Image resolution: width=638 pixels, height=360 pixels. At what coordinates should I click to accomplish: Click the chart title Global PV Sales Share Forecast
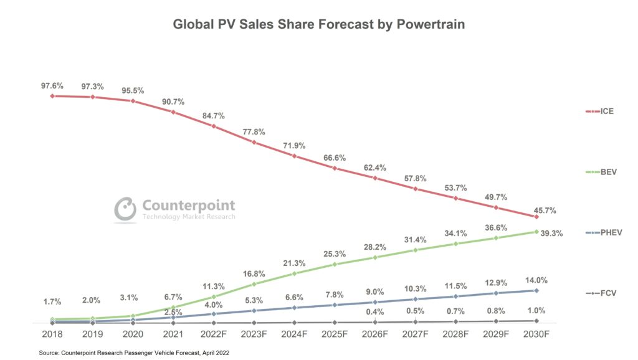coord(318,25)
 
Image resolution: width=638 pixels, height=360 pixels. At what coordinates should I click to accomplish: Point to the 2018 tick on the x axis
coord(52,334)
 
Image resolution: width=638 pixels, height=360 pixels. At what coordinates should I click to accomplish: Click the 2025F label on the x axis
coord(335,334)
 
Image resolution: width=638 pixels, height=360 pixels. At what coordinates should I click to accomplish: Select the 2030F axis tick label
coord(536,334)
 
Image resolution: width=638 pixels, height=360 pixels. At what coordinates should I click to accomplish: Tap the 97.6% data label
coord(52,86)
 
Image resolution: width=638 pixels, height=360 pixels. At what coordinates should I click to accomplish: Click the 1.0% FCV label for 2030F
coord(536,310)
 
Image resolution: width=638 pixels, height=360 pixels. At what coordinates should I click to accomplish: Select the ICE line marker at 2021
coord(173,112)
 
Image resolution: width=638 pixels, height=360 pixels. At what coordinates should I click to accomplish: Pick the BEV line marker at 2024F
coord(294,273)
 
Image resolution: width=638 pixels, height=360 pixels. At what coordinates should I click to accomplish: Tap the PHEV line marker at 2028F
coord(455,296)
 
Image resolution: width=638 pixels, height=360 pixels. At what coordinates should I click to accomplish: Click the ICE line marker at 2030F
coord(536,217)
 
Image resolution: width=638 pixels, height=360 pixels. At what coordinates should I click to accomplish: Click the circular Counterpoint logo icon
coord(125,209)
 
